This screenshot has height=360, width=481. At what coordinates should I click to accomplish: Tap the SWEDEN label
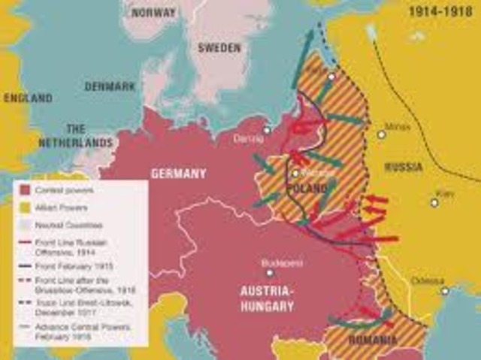click(219, 47)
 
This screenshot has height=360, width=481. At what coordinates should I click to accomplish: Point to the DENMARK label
click(110, 86)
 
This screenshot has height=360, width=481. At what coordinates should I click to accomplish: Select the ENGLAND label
click(28, 98)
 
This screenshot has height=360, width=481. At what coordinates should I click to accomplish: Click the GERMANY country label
click(178, 173)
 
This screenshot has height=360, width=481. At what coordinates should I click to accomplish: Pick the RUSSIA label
click(404, 167)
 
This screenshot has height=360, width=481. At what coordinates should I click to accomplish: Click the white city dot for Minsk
click(381, 135)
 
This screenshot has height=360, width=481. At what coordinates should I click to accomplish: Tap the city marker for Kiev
click(434, 202)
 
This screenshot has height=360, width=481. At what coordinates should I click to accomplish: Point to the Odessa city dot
click(444, 291)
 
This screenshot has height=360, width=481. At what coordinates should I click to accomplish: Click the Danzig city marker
click(266, 130)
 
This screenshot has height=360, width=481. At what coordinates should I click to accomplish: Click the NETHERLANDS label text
click(88, 142)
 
